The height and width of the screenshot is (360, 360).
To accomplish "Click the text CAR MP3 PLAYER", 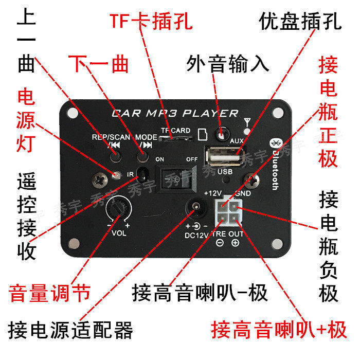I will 175,113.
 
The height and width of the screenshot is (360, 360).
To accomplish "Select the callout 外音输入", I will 227,64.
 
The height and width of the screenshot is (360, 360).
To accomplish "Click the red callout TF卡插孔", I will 151,22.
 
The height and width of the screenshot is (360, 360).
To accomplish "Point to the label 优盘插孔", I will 299,22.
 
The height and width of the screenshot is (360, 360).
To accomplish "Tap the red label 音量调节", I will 49,294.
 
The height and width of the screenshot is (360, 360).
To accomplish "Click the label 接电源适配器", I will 70,330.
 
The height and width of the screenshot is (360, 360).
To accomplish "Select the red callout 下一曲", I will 98,64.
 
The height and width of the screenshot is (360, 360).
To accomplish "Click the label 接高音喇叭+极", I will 279,329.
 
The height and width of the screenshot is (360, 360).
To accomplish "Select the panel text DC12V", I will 196,236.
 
